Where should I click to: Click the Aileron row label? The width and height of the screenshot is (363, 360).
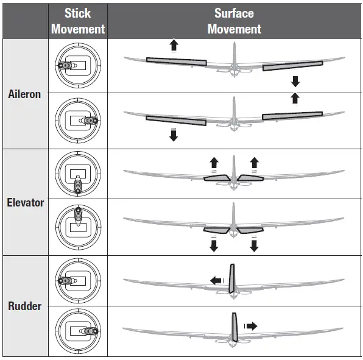(24, 94)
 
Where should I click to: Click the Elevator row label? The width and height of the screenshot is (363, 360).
(25, 203)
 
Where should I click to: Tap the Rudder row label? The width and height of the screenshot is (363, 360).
(24, 306)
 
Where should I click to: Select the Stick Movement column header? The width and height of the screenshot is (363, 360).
(78, 21)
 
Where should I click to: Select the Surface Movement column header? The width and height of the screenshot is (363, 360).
(234, 21)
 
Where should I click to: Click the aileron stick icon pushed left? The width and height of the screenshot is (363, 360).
(78, 66)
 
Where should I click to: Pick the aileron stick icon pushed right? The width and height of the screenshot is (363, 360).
(78, 121)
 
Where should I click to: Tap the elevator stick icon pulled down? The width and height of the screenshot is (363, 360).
(78, 174)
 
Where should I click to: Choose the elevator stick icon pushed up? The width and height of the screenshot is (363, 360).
(78, 227)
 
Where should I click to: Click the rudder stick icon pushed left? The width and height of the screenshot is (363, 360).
(78, 281)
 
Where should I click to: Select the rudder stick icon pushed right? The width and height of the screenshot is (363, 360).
(78, 331)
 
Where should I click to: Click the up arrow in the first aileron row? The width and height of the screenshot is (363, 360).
(174, 45)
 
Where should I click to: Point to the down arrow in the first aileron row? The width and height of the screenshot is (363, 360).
(295, 82)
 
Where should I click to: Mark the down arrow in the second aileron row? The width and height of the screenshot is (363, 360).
(174, 135)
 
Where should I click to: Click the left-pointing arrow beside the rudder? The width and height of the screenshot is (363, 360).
(217, 280)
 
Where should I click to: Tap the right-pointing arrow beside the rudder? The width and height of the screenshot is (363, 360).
(251, 326)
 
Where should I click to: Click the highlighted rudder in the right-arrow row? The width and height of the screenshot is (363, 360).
(234, 327)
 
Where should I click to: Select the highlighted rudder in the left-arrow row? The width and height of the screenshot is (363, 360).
(231, 278)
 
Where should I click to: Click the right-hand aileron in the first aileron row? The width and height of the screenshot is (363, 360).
(292, 66)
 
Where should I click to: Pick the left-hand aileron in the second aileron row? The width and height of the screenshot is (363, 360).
(176, 121)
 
